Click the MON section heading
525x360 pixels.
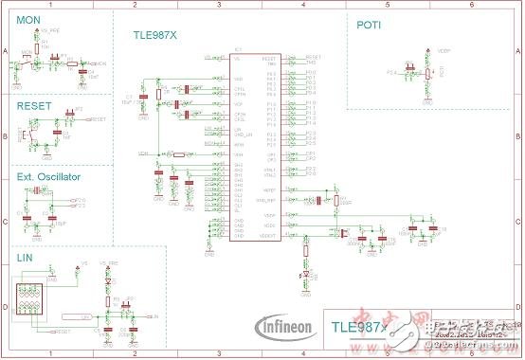point(27,20)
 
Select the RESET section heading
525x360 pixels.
point(34,107)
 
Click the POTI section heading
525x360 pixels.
point(369,26)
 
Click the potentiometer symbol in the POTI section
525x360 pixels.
point(427,73)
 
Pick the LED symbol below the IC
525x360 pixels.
point(305,274)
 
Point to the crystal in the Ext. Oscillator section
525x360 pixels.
point(38,193)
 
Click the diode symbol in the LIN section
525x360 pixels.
point(108,282)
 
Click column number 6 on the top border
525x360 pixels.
point(471,5)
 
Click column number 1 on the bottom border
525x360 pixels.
point(51,355)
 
